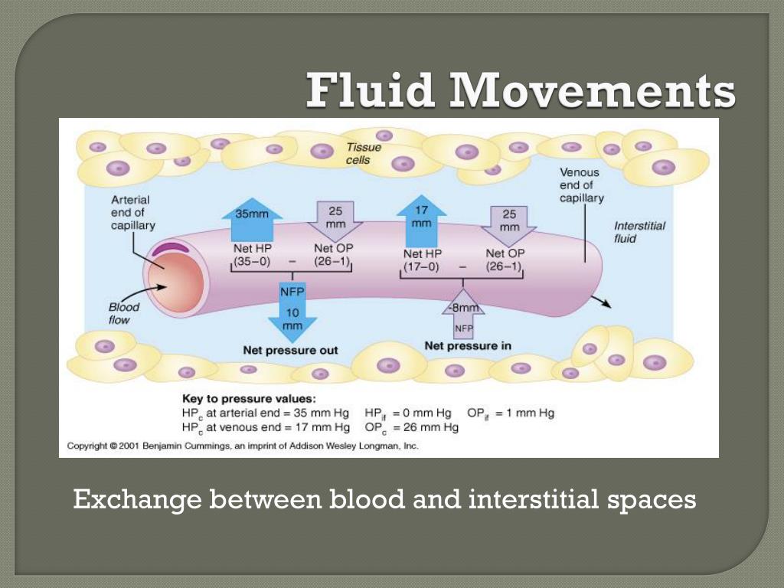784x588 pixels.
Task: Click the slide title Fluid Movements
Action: (x=521, y=91)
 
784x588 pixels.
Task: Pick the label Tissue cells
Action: (x=358, y=153)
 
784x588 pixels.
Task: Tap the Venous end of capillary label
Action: (x=581, y=185)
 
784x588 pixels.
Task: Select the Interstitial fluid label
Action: (x=639, y=232)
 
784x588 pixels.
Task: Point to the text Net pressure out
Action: (x=290, y=350)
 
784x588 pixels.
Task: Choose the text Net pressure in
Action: (x=467, y=346)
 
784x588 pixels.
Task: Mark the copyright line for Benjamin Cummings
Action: (x=243, y=446)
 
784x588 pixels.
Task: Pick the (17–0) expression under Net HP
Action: (x=422, y=267)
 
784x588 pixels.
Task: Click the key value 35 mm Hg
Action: (x=322, y=413)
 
